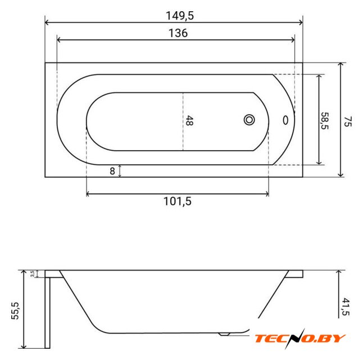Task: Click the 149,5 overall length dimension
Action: coord(180,16)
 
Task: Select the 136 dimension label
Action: coord(178,33)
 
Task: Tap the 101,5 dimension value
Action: coord(178,201)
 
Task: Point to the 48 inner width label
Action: coord(189,120)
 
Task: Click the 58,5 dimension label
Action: coord(325,121)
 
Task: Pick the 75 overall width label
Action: coord(347,121)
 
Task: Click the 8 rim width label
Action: coord(112,171)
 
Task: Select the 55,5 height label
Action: coord(15,311)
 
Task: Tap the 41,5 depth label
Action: coord(346,307)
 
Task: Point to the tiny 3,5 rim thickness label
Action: coord(33,273)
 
